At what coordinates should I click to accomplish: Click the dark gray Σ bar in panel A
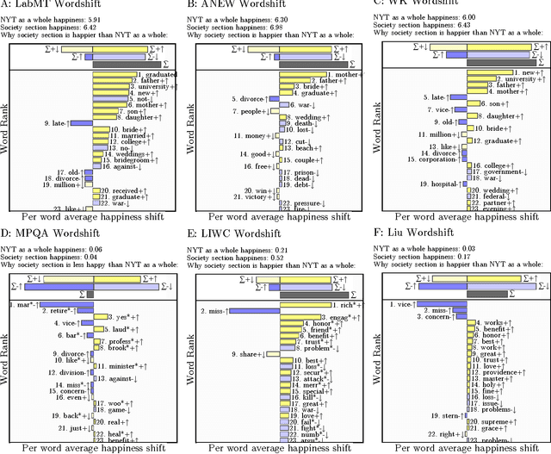[x=113, y=64]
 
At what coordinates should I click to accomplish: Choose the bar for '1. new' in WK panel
[x=492, y=73]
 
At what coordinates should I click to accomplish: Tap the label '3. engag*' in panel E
[x=311, y=317]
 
